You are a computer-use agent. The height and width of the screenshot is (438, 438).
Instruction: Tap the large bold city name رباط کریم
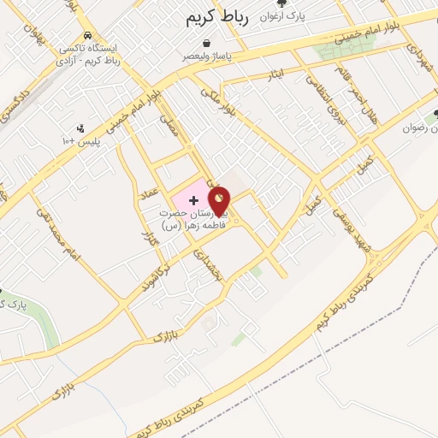218,17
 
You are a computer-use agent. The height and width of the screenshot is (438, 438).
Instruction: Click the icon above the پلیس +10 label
80,128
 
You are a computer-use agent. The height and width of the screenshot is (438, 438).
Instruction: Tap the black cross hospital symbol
192,199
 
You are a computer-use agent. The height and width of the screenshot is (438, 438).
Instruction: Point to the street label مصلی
170,128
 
